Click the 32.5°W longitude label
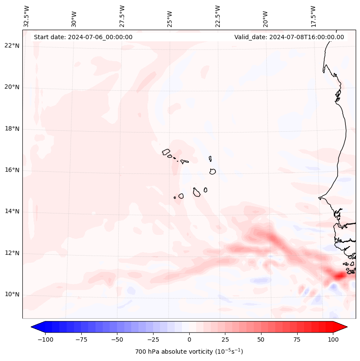27,16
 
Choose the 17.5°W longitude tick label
313,16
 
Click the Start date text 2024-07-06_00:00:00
83,37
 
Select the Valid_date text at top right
289,37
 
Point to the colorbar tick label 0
189,339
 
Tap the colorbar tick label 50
261,339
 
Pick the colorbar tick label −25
153,339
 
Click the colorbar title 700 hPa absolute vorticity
189,352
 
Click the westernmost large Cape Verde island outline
166,151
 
